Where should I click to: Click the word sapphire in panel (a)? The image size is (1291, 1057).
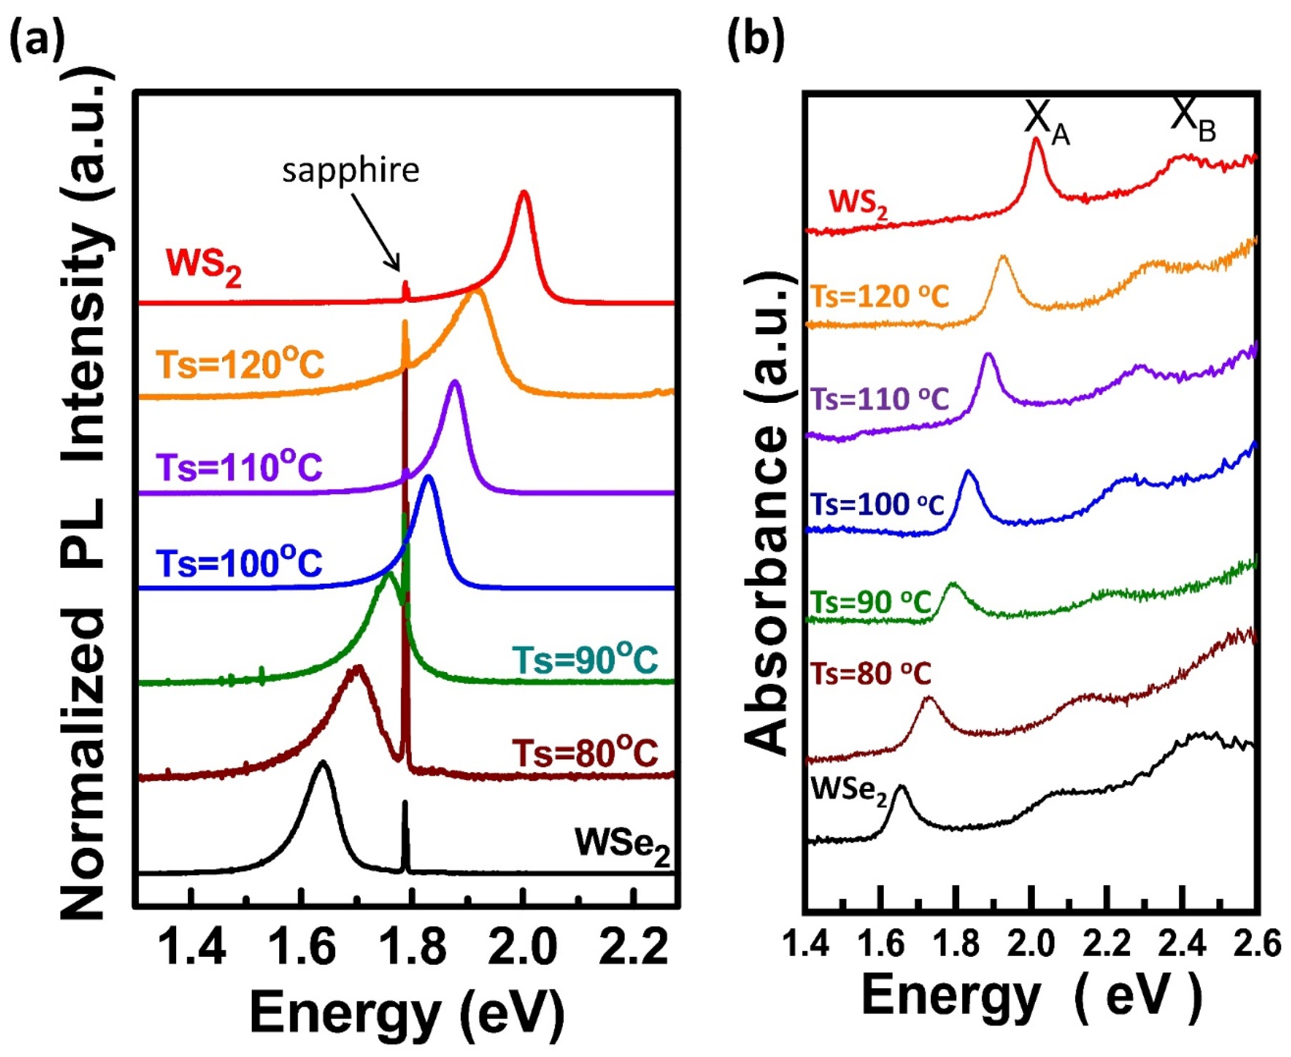click(351, 171)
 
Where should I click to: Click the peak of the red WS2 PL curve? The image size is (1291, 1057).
click(524, 194)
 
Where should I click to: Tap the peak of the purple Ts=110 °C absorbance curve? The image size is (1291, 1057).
click(988, 355)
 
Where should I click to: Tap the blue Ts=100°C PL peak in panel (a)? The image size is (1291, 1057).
click(428, 477)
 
